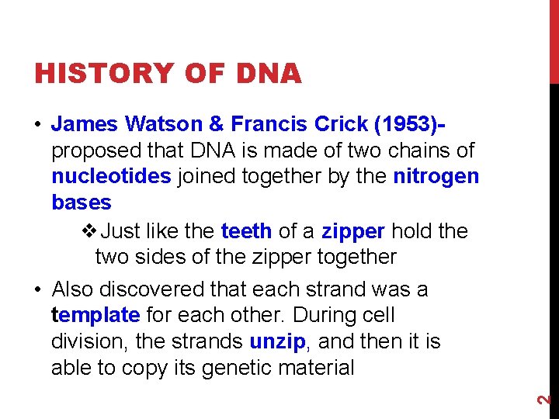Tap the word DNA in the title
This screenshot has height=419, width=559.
265,74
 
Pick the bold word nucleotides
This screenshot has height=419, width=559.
111,176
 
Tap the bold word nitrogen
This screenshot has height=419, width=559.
436,176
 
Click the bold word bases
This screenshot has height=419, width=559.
82,203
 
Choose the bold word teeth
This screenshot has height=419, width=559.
246,231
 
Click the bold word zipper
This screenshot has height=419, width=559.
353,231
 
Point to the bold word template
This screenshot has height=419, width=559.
95,316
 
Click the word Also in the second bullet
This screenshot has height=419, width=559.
75,289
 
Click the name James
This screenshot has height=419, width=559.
84,124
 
